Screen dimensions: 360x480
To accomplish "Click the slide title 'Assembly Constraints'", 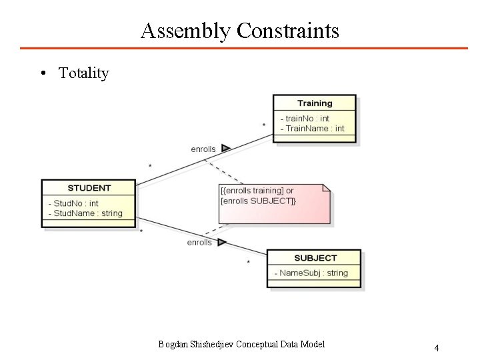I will tap(240, 31).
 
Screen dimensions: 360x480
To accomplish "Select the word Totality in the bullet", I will tap(83, 73).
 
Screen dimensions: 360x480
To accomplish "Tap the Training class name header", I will tap(314, 103).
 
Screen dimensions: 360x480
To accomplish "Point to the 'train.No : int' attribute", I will tap(305, 119).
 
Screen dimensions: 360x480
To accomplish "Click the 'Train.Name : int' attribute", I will tap(313, 129).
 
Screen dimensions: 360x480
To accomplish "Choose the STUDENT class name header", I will tap(89, 188).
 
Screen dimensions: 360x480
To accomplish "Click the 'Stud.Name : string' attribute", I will tap(87, 213).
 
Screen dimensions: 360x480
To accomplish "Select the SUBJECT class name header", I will tap(315, 258).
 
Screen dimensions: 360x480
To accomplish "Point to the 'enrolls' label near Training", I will tap(203, 149).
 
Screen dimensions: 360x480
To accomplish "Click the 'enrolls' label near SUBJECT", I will tap(199, 243).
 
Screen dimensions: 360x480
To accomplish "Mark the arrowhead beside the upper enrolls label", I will tap(226, 148).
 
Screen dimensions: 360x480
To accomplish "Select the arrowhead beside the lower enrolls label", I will tap(222, 242).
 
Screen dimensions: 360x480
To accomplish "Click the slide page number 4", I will tap(436, 347).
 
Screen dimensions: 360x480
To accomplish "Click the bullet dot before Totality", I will tap(42, 73).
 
